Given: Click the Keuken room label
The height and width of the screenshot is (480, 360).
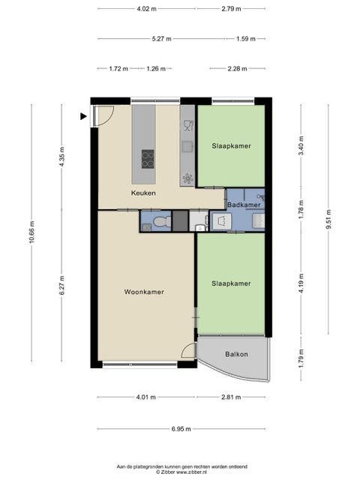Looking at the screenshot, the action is [143, 193].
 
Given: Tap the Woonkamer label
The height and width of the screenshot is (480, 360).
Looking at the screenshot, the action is [144, 292].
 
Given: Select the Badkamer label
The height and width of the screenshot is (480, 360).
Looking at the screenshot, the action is [244, 205].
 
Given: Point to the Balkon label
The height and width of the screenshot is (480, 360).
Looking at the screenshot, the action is [236, 354].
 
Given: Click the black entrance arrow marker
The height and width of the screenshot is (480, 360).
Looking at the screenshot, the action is [83, 116].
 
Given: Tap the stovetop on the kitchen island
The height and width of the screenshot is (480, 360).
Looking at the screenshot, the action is [148, 159].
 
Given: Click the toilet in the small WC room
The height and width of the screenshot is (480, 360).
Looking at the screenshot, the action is [162, 221].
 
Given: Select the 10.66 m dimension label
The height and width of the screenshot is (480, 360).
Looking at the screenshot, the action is [31, 232].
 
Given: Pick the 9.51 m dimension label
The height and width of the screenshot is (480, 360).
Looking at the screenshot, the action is [328, 219].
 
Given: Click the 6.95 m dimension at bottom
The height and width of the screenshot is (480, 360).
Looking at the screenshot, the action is [181, 429].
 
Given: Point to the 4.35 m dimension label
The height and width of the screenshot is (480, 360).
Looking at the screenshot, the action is [62, 157].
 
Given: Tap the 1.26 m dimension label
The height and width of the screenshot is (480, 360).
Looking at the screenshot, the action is [156, 68].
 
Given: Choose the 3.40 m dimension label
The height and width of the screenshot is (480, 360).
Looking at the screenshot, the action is [301, 145].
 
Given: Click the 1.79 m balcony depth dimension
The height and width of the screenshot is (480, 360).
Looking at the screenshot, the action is [301, 358].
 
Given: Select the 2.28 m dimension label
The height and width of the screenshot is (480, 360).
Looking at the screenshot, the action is [237, 68].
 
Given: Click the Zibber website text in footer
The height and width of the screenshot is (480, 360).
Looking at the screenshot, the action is [181, 472].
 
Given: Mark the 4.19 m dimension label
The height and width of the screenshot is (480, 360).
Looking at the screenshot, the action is [301, 283].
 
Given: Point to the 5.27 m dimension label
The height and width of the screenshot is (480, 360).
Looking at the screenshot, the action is [162, 39].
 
